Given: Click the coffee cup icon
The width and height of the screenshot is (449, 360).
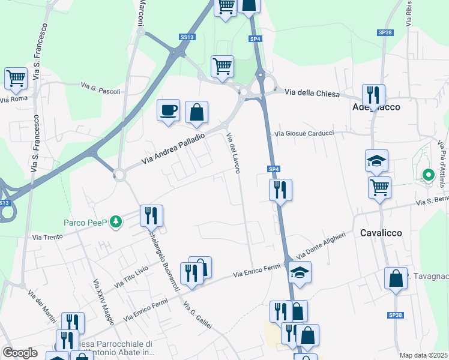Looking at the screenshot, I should pos(168,110).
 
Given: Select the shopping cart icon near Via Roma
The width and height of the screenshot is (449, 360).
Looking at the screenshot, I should pos(16,78).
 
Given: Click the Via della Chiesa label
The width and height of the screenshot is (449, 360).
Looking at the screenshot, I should pos(312,94).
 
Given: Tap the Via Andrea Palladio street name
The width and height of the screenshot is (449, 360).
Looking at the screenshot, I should pos(173,149).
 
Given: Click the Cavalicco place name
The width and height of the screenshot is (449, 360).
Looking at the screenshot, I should pos(381,232).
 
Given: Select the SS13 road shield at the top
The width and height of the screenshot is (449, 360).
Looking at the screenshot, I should pos(187,37).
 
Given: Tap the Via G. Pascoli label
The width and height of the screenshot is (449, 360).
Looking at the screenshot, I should pos(101,88).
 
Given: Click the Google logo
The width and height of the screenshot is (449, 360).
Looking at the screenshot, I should pos(20,353).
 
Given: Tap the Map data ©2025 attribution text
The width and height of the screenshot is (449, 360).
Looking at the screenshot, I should pos(423,355).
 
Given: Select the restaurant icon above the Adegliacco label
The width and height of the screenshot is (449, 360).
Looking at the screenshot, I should pos(373,95).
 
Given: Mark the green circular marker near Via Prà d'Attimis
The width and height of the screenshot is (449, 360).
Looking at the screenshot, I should pos(429,175).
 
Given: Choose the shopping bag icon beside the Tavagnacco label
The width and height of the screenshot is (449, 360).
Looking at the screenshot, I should pos(396,278).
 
